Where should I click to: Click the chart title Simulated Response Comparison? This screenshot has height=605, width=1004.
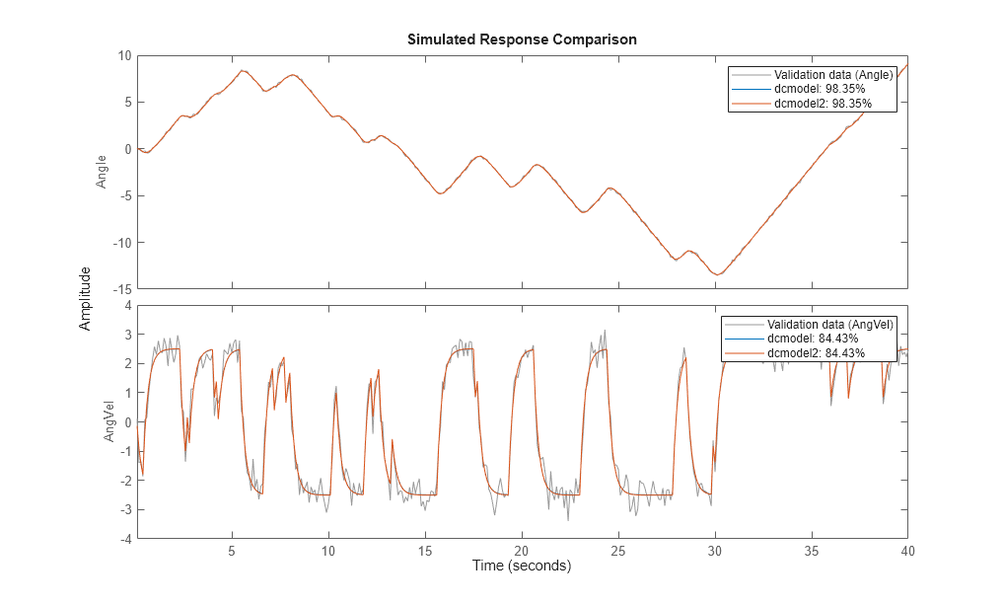tap(522, 39)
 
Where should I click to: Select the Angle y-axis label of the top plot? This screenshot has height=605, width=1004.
tap(102, 172)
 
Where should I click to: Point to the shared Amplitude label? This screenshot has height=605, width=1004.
tap(86, 297)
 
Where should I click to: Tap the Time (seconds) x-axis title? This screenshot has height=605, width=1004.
tap(521, 567)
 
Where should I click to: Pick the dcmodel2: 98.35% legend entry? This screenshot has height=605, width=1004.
tap(825, 103)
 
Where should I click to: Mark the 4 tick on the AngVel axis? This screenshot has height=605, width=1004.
tap(126, 306)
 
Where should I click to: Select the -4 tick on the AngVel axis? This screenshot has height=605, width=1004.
tap(124, 539)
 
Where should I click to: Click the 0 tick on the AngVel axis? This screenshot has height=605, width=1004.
tap(126, 422)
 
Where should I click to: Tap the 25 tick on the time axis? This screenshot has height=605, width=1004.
tap(618, 552)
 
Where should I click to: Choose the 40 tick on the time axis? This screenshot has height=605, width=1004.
tap(907, 552)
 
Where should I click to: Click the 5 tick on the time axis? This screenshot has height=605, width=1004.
tap(233, 552)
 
